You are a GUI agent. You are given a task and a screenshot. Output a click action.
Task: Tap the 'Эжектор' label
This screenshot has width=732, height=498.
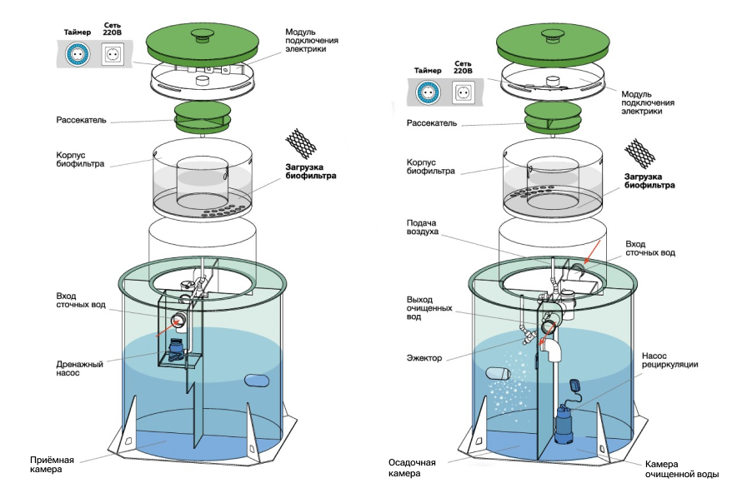pos(424,358)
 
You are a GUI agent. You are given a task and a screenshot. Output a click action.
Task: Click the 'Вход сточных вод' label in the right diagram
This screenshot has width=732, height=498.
pos(650,247)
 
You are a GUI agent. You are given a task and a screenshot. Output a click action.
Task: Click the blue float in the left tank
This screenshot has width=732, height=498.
pos(258,381)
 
